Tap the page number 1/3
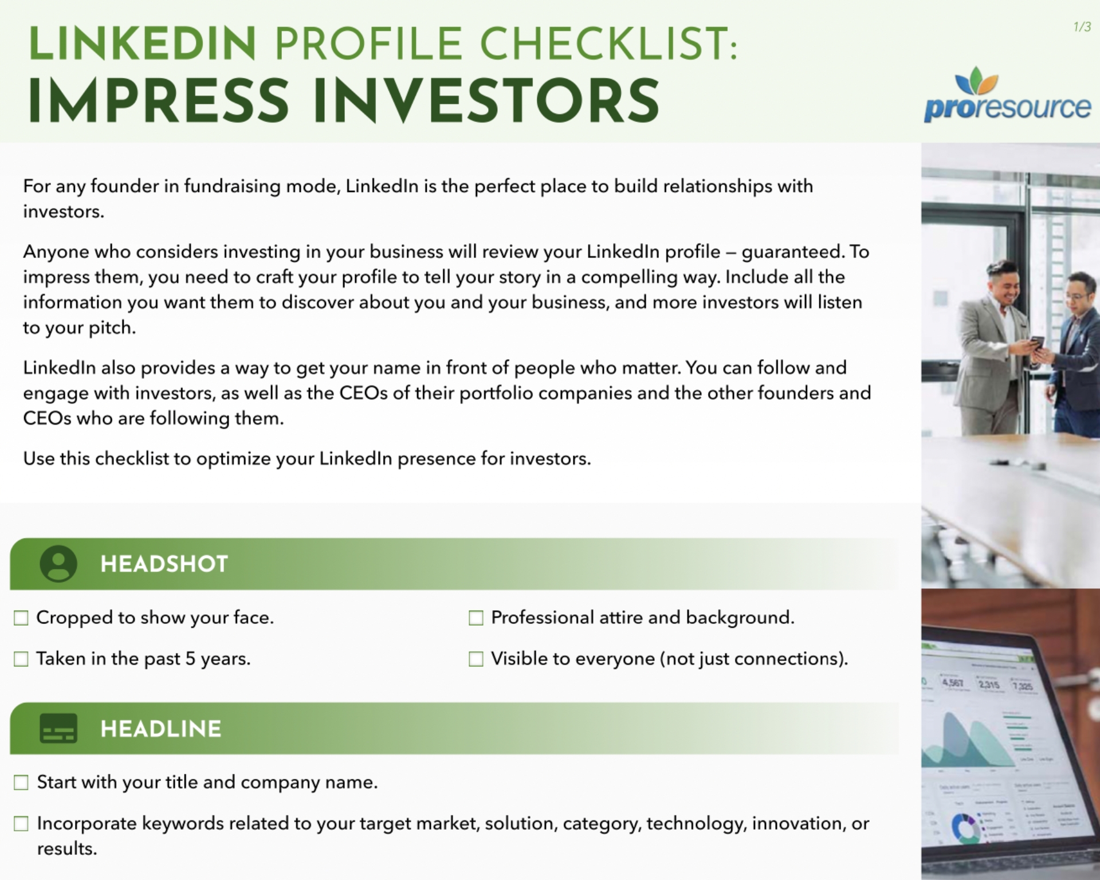click(1082, 27)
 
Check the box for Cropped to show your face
click(21, 618)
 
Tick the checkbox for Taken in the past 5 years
click(21, 659)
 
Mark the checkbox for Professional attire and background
click(476, 618)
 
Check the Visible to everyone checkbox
click(476, 659)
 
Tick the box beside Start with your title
click(21, 783)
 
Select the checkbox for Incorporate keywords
click(21, 824)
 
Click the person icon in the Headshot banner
click(58, 564)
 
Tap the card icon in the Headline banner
click(58, 729)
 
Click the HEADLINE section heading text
click(160, 729)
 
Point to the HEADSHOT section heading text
click(164, 564)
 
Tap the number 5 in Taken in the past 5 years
click(190, 659)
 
